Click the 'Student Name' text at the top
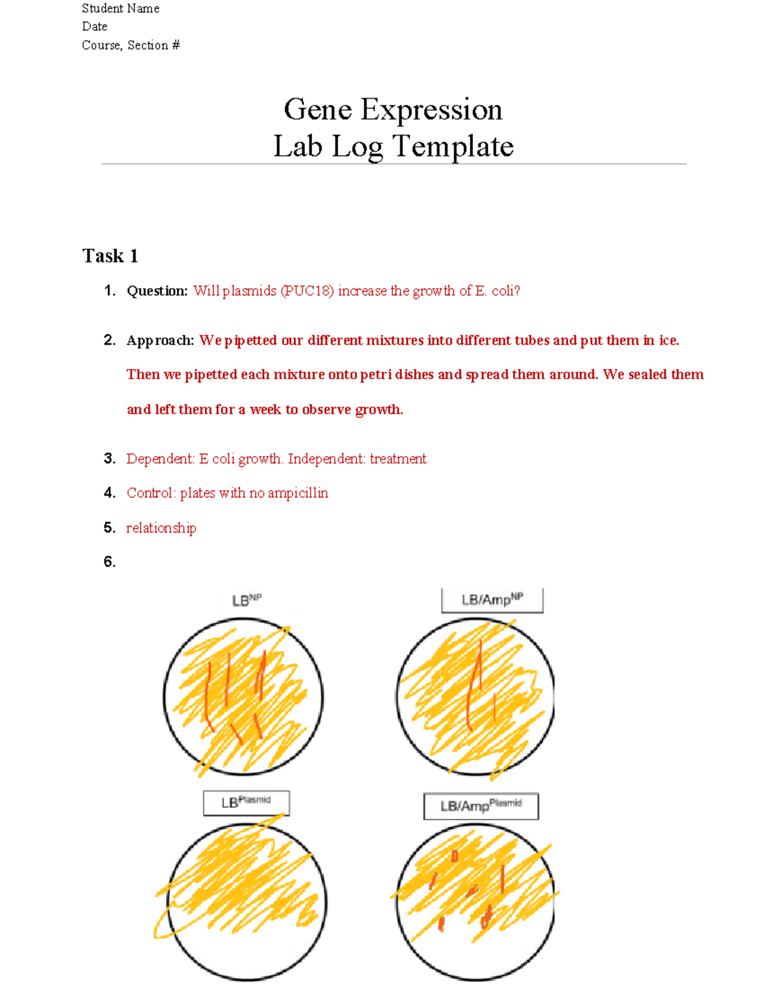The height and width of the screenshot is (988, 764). (x=120, y=8)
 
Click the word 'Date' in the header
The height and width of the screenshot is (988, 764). (x=94, y=27)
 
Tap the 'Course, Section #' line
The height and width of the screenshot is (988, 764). (x=131, y=45)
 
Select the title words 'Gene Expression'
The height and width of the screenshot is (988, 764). (x=393, y=109)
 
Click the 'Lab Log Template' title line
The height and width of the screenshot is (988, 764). (x=393, y=146)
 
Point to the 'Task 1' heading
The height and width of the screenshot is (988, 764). (x=110, y=256)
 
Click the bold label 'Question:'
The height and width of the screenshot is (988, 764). (x=157, y=291)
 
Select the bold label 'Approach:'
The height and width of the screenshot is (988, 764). (x=160, y=340)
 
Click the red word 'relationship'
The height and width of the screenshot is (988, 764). (x=161, y=528)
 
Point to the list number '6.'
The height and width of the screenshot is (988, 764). (x=110, y=562)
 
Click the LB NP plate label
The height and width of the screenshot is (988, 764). (x=246, y=600)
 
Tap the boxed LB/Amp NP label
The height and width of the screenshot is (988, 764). (x=492, y=600)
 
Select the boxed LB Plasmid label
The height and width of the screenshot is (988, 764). (x=246, y=803)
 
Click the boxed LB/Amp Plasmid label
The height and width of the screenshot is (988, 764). (x=481, y=806)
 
